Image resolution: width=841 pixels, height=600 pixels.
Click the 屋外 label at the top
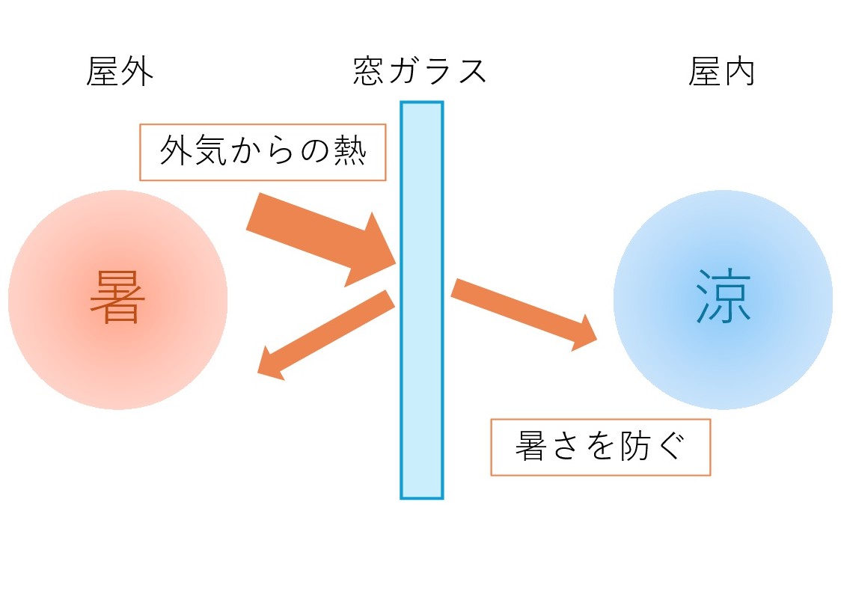click(120, 73)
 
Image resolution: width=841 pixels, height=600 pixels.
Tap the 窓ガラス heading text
click(420, 73)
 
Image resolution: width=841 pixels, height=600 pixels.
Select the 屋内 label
click(721, 73)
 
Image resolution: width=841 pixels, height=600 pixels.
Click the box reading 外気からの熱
click(263, 153)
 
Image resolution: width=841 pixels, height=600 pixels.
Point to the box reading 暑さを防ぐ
click(600, 447)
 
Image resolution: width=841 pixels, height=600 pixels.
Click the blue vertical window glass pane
click(421, 299)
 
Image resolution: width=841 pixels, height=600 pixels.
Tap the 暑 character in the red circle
click(117, 298)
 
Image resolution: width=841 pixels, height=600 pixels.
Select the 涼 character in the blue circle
click(723, 298)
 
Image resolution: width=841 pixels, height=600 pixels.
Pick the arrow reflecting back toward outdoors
click(326, 334)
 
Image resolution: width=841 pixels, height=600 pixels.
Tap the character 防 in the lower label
click(638, 447)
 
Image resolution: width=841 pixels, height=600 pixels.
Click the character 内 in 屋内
click(738, 73)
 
